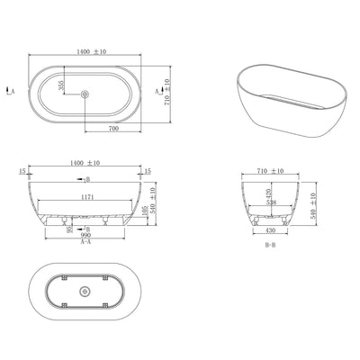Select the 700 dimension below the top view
tap(114, 129)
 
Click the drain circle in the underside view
tap(85, 291)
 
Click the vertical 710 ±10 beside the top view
tap(168, 91)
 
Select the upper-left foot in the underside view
tap(64, 277)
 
